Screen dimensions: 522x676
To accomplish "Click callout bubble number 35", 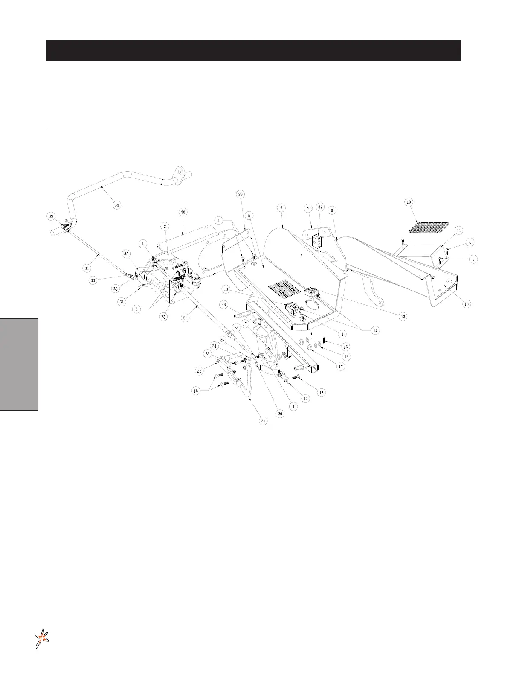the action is pos(116,205).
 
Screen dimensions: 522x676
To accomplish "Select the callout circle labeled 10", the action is pos(409,201).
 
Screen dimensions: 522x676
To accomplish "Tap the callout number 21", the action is pos(263,421).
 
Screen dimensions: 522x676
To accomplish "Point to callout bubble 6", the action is pos(281,207).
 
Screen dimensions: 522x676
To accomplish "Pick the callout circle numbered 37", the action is pos(320,207).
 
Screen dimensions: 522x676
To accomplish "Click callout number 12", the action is pos(467,303).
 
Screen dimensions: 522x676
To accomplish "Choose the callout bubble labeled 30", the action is pos(183,212).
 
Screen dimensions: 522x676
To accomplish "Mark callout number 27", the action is pos(186,318).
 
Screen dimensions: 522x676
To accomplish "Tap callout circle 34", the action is pos(87,268).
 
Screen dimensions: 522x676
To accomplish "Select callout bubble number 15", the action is pos(346,347).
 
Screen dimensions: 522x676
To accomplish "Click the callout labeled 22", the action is pos(199,371).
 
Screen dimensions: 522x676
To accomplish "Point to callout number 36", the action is pos(223,305).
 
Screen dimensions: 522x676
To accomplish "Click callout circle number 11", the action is pos(459,230).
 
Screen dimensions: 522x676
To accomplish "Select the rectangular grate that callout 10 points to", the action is pos(429,227).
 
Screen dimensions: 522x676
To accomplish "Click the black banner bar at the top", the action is pos(253,50).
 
